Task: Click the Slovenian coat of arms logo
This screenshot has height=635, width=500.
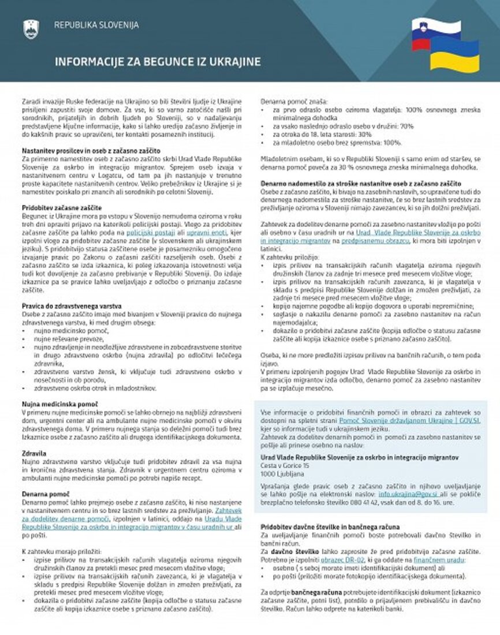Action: [31, 28]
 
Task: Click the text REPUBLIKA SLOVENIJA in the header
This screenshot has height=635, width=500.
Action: [96, 25]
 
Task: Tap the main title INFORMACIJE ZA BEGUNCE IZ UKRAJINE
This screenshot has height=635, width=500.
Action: [158, 62]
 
